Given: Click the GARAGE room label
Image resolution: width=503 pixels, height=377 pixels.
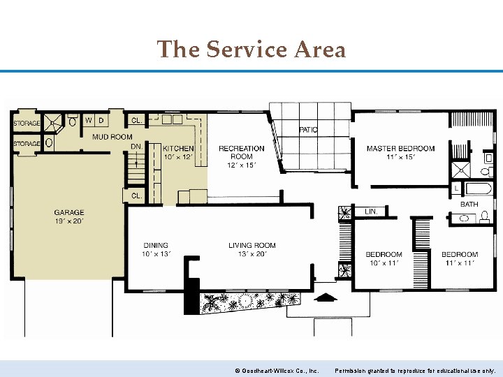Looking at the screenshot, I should click(x=69, y=212).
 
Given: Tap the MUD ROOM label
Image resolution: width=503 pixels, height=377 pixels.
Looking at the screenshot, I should click(x=112, y=137).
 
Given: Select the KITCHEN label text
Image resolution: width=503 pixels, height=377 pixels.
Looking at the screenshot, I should click(x=178, y=149).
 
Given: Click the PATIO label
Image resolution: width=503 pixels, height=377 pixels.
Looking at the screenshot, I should click(x=309, y=130).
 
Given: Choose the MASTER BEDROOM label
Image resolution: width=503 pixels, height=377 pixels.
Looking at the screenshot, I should click(x=400, y=149).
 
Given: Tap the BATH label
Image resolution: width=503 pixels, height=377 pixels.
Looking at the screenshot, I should click(x=469, y=205).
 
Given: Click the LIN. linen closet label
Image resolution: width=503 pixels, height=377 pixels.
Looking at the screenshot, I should click(x=371, y=212).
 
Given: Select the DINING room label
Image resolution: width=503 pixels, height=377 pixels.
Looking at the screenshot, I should click(x=155, y=245).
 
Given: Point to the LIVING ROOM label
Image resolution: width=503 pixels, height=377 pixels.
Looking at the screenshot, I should click(x=251, y=245).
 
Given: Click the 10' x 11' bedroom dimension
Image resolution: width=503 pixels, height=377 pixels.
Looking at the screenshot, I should click(x=384, y=263).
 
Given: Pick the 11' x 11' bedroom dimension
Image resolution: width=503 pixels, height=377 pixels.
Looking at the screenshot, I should click(x=459, y=263).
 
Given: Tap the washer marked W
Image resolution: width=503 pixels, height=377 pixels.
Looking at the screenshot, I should click(x=89, y=120).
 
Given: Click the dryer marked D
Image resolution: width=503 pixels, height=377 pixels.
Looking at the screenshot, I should click(x=102, y=120).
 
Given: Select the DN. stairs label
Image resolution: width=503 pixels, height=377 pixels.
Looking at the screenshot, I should click(x=137, y=147).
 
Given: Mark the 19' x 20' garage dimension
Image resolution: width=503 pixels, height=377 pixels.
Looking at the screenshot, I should click(x=69, y=221).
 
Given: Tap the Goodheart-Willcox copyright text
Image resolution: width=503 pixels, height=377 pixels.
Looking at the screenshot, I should click(x=277, y=371).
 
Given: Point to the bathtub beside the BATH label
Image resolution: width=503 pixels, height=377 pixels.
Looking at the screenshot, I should click(x=479, y=188).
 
